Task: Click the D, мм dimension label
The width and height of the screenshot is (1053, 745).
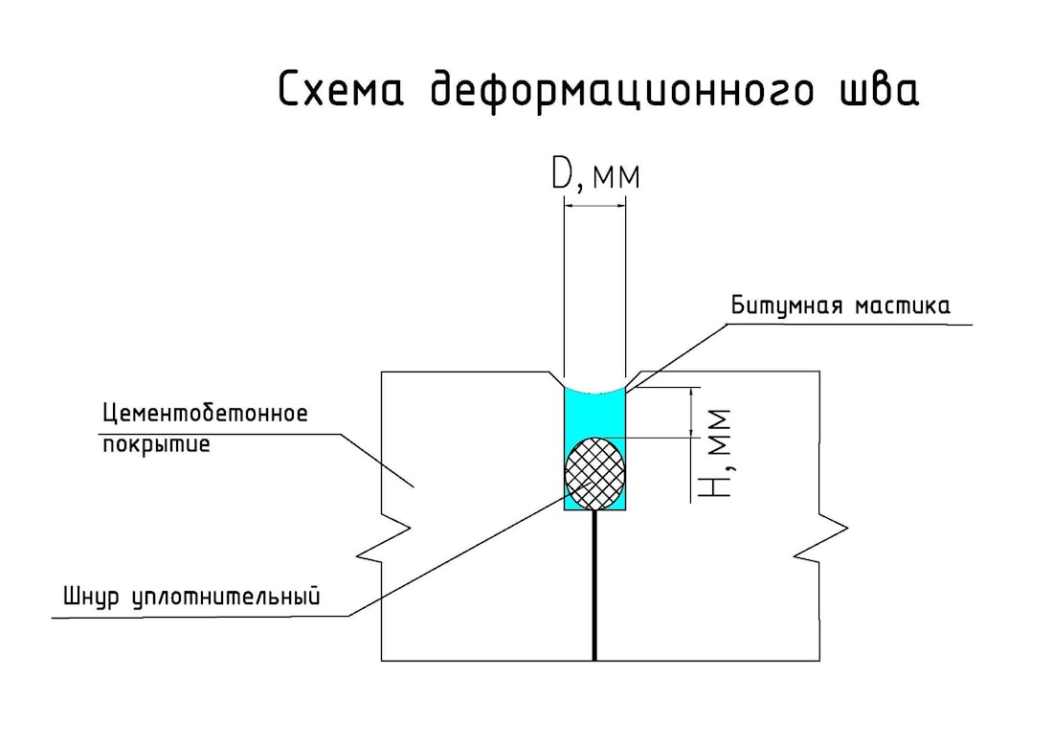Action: [x=594, y=176]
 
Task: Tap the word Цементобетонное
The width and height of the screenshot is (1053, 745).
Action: [x=205, y=415]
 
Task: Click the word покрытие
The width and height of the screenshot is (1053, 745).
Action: [x=155, y=443]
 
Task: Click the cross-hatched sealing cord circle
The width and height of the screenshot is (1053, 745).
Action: [x=595, y=472]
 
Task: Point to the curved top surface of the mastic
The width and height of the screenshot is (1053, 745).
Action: [x=594, y=392]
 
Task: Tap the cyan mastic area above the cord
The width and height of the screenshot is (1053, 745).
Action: [x=594, y=414]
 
